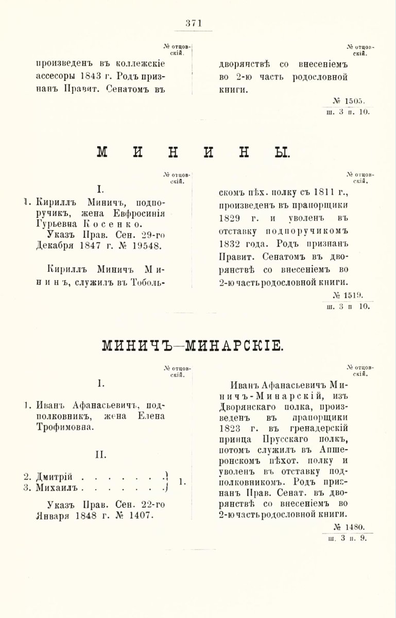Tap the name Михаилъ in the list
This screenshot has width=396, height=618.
click(54, 487)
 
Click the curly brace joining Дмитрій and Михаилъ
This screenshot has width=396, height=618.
click(167, 481)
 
